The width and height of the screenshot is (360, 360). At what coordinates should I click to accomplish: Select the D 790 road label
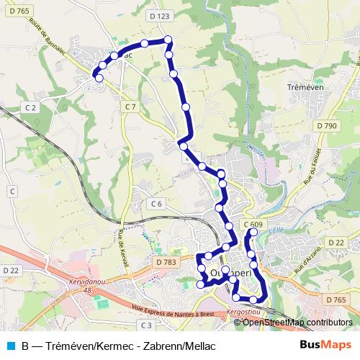tap(326, 126)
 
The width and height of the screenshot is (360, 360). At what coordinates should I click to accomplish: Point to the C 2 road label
tap(30, 107)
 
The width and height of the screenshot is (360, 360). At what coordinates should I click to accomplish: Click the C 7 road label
tap(130, 107)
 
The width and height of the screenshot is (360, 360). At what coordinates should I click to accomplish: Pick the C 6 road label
tap(156, 204)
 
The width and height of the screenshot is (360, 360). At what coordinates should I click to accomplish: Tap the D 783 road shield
tap(166, 263)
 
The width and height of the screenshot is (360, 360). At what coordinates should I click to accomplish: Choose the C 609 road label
tap(253, 225)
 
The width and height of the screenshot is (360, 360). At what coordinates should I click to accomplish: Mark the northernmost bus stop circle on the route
tap(168, 40)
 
